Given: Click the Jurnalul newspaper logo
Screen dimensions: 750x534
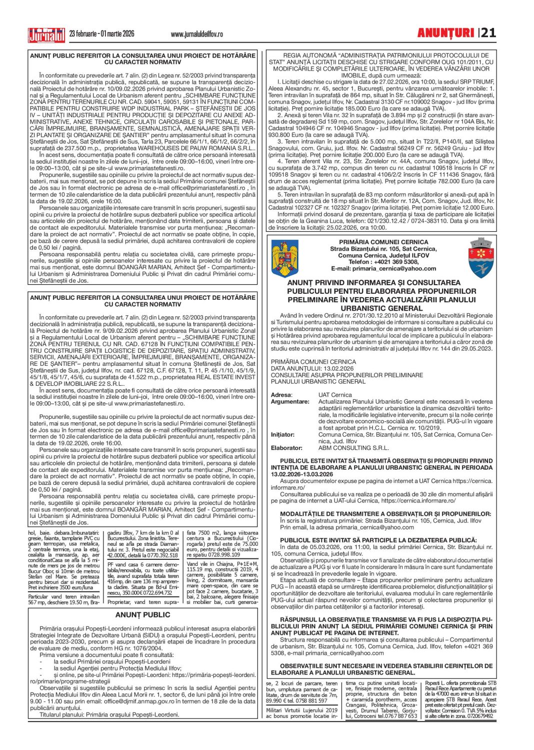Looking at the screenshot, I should (x=46, y=34).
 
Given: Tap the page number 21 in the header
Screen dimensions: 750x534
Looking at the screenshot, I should (x=489, y=33).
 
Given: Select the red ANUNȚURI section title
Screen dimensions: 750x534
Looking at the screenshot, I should (x=445, y=33).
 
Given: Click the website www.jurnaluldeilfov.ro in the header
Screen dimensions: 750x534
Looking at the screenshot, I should (x=196, y=34).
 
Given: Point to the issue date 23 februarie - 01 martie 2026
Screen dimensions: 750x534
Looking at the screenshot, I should (x=101, y=34).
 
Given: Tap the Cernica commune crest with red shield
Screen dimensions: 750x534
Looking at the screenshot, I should (x=481, y=258).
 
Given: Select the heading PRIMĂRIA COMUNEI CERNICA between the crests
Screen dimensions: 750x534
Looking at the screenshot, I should (x=383, y=242).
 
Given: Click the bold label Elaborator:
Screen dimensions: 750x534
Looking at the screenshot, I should (x=286, y=448).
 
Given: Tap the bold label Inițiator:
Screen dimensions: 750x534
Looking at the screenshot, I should (x=282, y=435).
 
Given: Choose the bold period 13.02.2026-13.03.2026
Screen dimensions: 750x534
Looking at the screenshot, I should (x=302, y=474).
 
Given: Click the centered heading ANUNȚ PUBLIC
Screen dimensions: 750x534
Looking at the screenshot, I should (x=143, y=615).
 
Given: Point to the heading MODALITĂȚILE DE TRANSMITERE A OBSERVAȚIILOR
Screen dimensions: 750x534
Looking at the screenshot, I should (x=385, y=514).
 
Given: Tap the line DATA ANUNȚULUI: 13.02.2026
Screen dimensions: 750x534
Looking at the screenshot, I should (x=312, y=368).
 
